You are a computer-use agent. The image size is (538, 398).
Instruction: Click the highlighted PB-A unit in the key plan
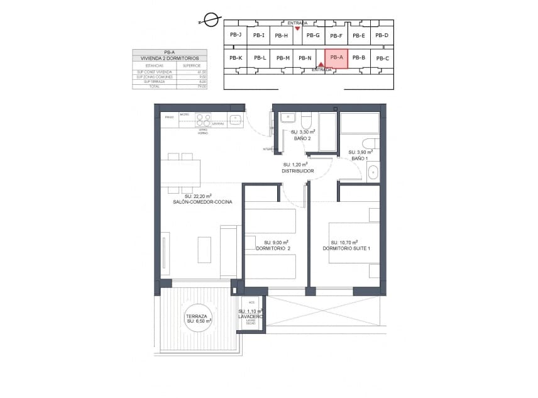[x=336, y=58]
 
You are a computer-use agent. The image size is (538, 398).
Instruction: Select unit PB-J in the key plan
[x=236, y=35]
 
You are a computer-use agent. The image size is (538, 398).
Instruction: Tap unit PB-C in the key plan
[x=382, y=58]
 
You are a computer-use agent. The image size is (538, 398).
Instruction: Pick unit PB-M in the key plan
[x=283, y=58]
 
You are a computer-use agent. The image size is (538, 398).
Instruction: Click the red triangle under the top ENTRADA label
[x=297, y=28]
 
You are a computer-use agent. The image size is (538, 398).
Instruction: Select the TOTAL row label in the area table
[x=154, y=87]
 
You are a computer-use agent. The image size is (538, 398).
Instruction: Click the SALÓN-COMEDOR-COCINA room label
[x=202, y=202]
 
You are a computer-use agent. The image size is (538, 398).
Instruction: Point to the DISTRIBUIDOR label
[x=298, y=170]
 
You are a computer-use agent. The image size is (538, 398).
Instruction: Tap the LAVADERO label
[x=251, y=316]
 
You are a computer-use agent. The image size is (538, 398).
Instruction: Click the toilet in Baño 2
[x=307, y=120]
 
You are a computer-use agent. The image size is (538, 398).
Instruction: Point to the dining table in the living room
[x=180, y=172]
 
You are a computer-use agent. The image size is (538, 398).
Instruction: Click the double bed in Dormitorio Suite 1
[x=349, y=242]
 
